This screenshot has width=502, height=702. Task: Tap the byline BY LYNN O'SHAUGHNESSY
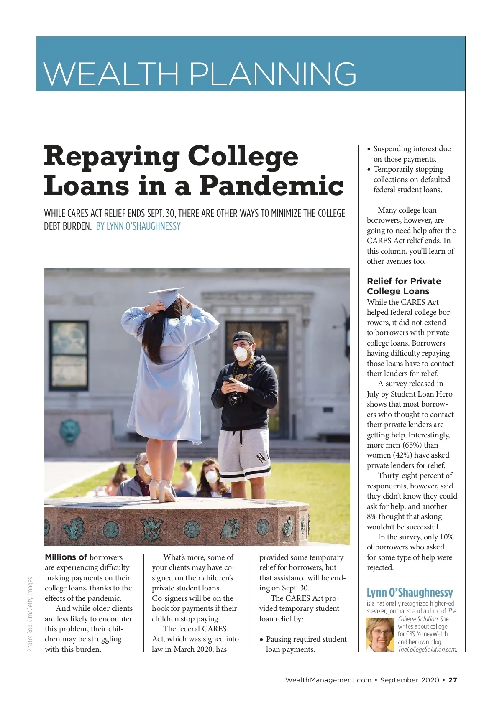138,226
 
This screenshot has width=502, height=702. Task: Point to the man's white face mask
241,354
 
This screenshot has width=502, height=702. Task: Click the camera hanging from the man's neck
235,399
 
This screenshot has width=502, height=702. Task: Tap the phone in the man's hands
227,379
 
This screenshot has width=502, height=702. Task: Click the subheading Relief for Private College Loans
403,286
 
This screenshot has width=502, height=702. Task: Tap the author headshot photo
380,634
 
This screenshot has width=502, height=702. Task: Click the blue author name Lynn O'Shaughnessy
410,593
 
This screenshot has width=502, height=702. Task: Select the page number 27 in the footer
453,680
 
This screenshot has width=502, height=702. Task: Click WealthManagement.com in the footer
328,680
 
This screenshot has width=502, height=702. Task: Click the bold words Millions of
66,557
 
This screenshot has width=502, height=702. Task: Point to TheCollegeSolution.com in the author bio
427,649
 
